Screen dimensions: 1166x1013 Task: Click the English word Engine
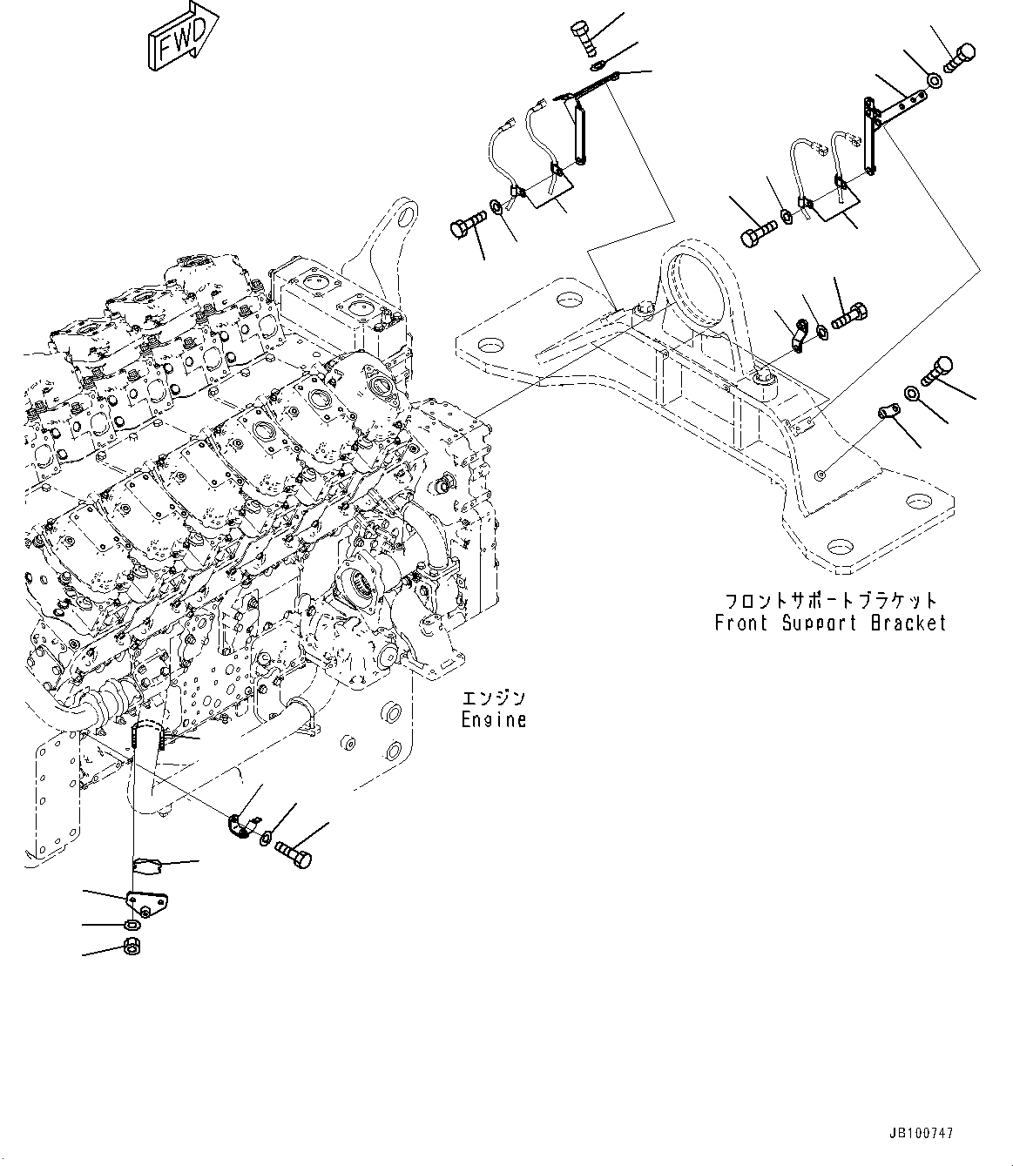point(493,720)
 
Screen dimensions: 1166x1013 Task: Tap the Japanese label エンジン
point(493,698)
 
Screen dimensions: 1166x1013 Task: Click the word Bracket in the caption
point(907,623)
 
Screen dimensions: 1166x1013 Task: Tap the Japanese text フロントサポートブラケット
point(831,601)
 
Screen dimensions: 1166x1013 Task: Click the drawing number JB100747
point(922,1134)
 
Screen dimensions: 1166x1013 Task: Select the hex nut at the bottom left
point(135,947)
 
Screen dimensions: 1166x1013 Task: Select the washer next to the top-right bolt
point(933,80)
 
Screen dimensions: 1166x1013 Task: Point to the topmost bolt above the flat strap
point(583,39)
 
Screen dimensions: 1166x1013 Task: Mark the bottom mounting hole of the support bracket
point(841,548)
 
